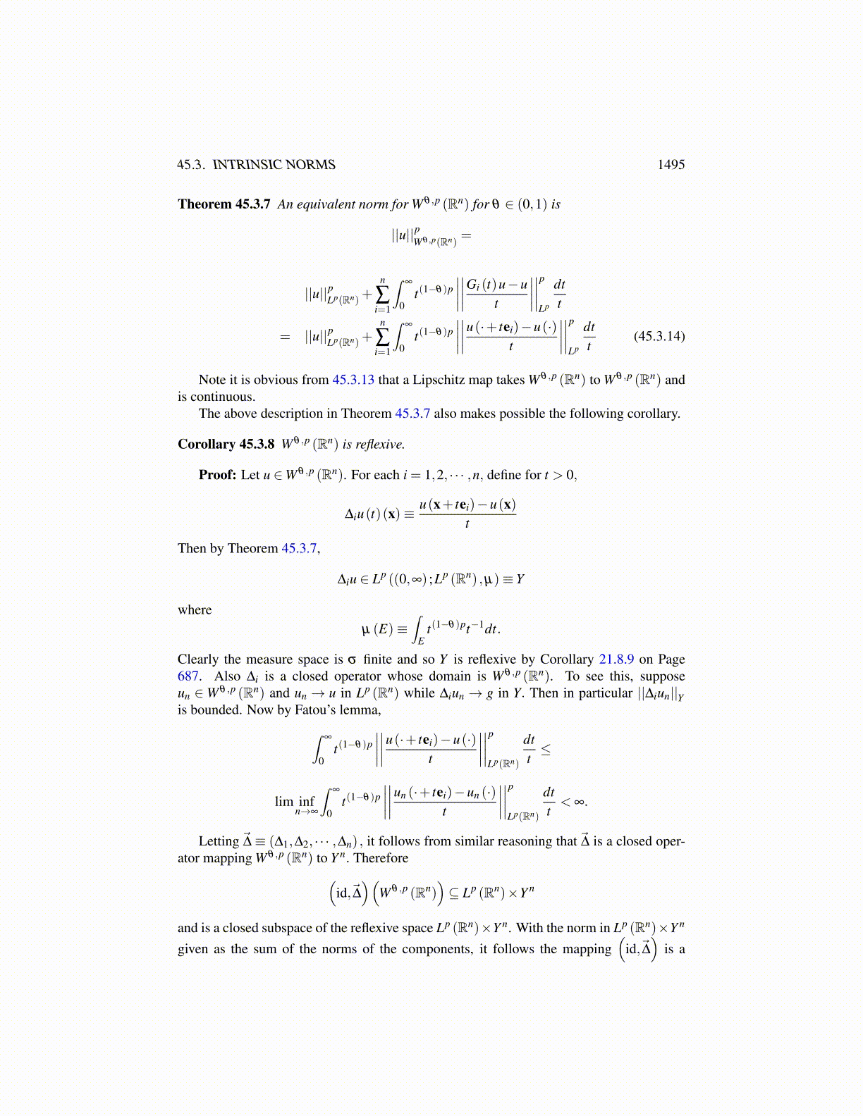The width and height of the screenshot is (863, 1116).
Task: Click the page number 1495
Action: coord(671,165)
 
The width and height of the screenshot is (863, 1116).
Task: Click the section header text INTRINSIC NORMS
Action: coord(274,165)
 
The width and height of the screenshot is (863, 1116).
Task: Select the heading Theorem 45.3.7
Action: coord(224,204)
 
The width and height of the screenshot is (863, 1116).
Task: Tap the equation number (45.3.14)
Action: coord(659,336)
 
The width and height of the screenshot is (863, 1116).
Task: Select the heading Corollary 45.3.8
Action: coord(226,445)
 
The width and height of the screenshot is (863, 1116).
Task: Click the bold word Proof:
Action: coord(217,475)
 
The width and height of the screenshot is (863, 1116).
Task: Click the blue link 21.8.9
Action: coord(616,659)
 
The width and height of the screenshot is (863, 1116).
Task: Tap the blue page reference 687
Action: coord(188,676)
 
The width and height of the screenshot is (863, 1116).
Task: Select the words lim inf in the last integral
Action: coord(295,802)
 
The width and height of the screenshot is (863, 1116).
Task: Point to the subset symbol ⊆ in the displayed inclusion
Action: coord(453,893)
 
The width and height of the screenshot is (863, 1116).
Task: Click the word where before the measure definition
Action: coord(195,610)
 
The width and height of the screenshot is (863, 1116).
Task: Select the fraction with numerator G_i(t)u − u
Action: coord(497,294)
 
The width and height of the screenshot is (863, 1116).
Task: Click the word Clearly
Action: coord(198,659)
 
